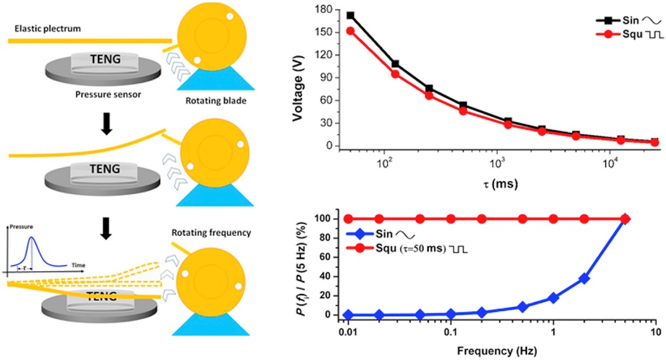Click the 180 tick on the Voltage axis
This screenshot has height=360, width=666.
click(x=327, y=10)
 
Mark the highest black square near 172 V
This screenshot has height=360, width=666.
click(x=351, y=16)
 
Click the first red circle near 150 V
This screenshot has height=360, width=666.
click(x=351, y=31)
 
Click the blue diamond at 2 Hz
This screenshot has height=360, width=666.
click(x=584, y=278)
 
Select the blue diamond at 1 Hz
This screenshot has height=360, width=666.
click(x=554, y=298)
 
